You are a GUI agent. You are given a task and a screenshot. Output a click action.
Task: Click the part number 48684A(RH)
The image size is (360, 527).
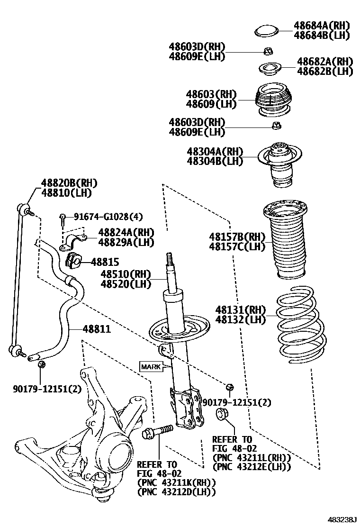coord(321,26)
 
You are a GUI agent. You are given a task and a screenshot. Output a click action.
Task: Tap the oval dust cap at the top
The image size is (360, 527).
coord(266,31)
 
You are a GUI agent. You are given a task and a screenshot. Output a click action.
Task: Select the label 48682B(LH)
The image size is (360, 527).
coord(325,71)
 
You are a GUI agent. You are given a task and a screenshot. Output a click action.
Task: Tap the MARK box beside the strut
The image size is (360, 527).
coord(150,366)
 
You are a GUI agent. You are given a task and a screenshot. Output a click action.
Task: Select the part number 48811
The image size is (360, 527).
coord(97,328)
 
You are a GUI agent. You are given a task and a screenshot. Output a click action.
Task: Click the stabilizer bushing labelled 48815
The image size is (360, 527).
coord(72,260)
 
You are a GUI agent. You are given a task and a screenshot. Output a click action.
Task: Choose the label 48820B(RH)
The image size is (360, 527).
coord(65,183)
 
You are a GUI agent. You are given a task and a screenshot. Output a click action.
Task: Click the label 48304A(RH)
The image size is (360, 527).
coord(215,152)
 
